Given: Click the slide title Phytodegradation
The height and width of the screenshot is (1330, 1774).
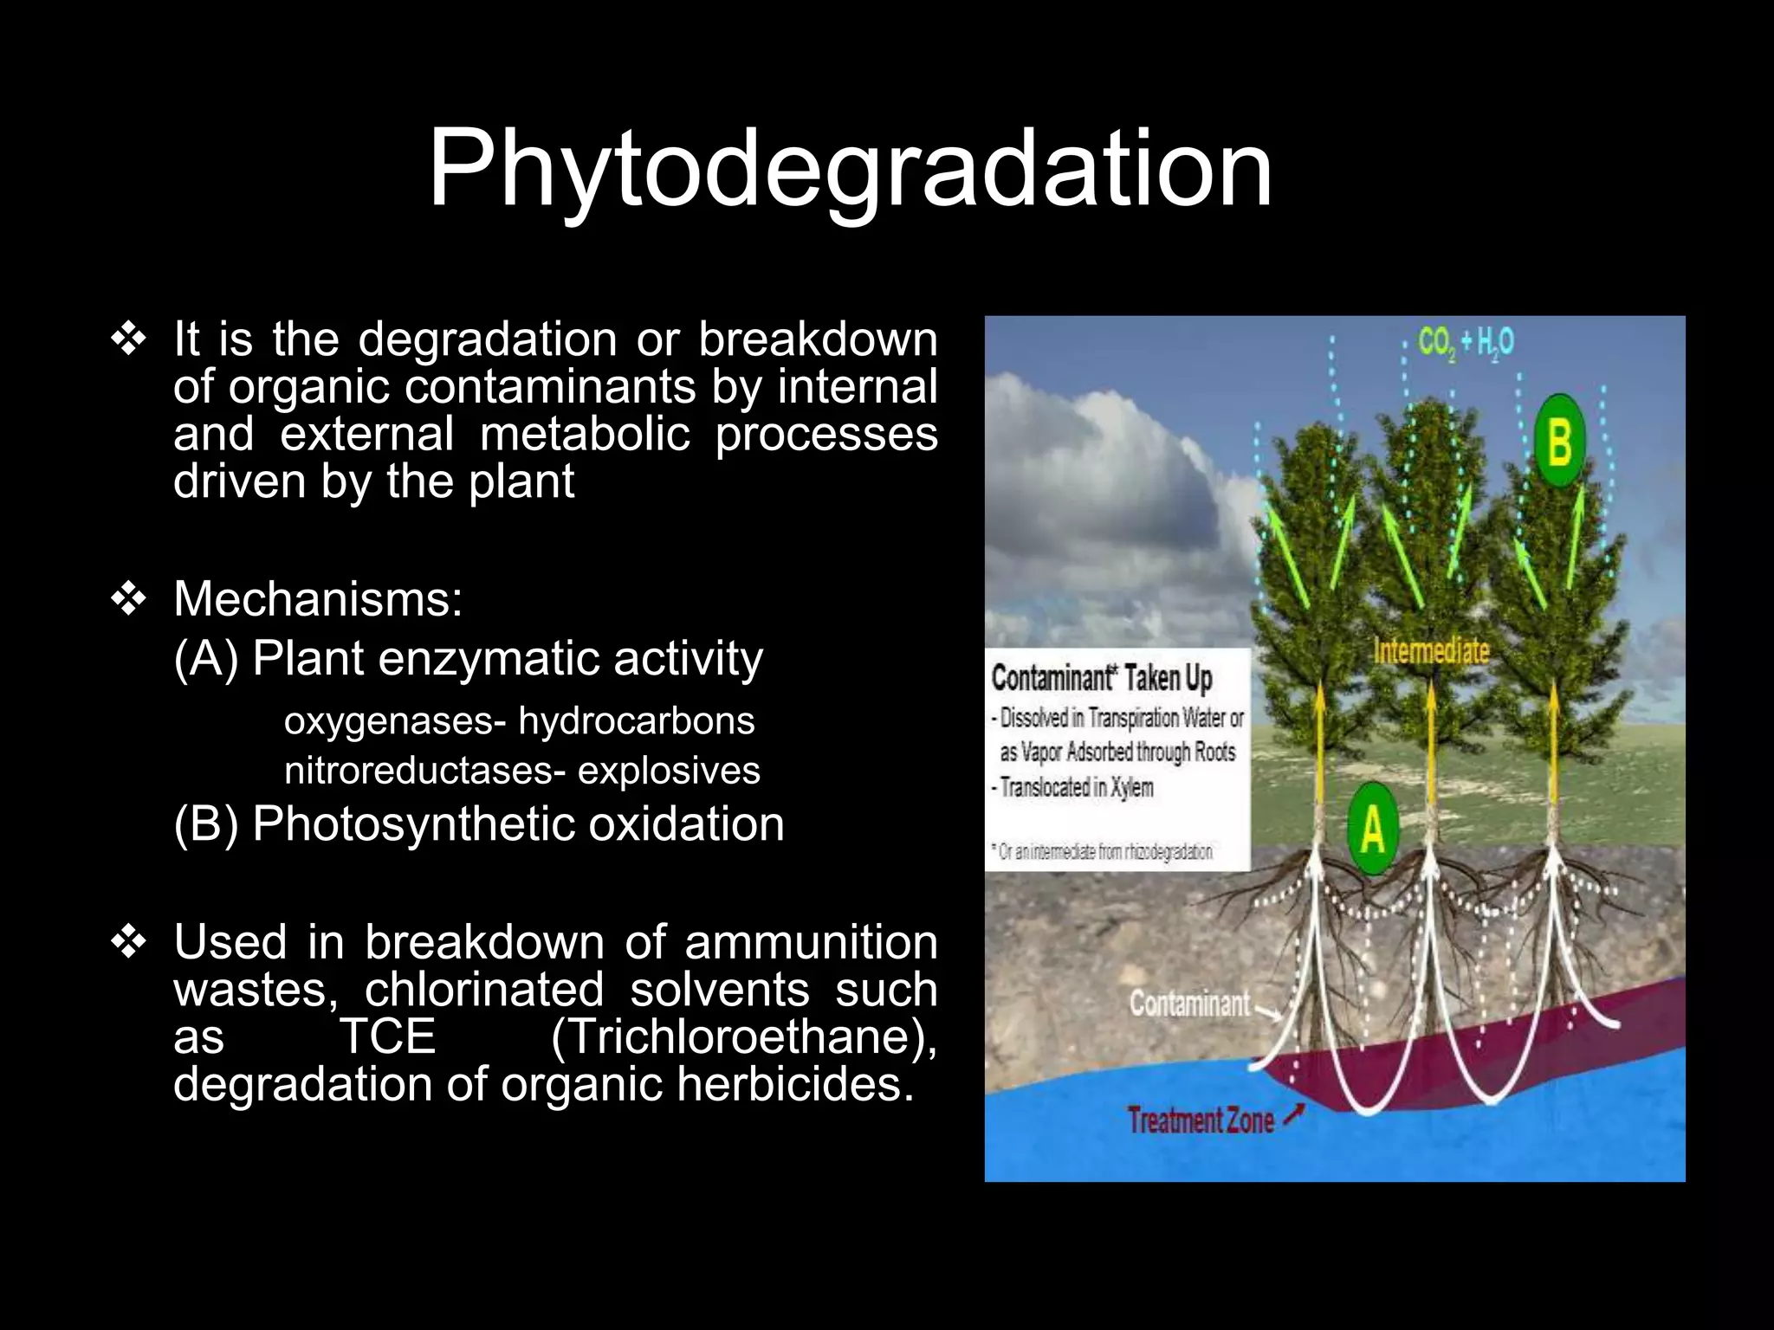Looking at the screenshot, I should click(x=850, y=169).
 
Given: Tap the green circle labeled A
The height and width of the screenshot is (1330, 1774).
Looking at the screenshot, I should click(x=1373, y=828).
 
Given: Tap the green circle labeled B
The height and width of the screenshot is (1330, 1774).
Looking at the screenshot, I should click(x=1559, y=441).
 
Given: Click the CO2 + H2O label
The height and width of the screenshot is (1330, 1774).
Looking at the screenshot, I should click(x=1466, y=343).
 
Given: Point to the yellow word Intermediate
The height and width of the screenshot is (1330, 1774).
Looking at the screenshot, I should click(x=1431, y=651).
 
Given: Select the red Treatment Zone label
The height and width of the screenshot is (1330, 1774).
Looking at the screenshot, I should click(x=1201, y=1120).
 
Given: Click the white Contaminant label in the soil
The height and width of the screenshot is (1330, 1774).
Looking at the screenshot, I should click(x=1189, y=1004).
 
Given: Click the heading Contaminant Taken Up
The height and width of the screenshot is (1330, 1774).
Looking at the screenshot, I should click(x=1102, y=678).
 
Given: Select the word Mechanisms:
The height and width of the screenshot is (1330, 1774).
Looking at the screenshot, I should click(x=318, y=598).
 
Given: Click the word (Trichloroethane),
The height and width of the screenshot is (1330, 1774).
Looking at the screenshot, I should click(x=743, y=1036).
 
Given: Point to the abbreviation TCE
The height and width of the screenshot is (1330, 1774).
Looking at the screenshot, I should click(x=386, y=1036).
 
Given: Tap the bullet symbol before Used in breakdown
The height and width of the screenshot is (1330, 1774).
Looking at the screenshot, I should click(x=128, y=942).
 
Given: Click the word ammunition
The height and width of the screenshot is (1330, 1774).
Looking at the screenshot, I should click(x=811, y=942).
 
